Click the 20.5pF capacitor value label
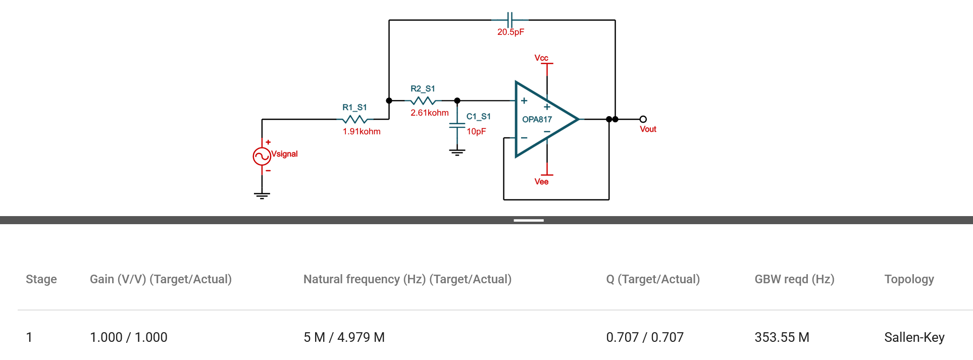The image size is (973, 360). pos(510,32)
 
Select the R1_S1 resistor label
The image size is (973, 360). pos(354,107)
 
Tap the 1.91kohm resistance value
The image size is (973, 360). pos(362,131)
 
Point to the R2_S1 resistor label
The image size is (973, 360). pos(423,88)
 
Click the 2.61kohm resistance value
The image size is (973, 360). pos(429,113)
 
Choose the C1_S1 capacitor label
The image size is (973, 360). pos(478,116)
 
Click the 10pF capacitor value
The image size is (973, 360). pos(476,131)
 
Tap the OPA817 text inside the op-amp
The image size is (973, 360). pos(537,119)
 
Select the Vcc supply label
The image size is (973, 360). pos(541,58)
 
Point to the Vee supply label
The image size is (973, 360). pos(541,181)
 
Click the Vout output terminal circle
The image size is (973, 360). pos(643,119)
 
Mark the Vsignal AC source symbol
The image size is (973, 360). pos(262,156)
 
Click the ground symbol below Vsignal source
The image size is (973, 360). pos(262,195)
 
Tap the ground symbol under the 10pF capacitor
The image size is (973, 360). pos(457,152)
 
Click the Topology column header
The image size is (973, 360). pos(909,279)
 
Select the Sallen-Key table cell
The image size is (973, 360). pos(914,337)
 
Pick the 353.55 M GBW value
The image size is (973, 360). pos(782,337)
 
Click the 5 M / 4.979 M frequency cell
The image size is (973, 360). pos(344,337)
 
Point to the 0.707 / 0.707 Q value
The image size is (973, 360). pos(645,337)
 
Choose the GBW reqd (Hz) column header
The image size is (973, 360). pos(794,279)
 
